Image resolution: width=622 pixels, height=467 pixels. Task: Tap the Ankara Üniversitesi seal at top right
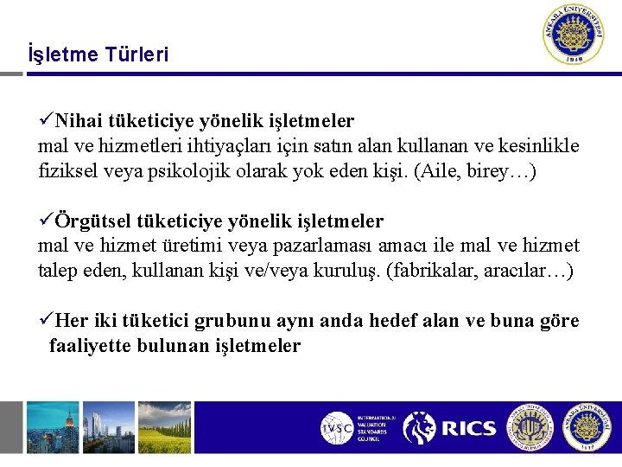tap(574, 35)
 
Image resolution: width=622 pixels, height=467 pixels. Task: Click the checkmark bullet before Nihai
tap(47, 122)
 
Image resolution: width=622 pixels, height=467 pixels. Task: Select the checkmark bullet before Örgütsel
tap(47, 223)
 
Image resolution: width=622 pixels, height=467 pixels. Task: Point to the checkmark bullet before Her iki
tap(47, 322)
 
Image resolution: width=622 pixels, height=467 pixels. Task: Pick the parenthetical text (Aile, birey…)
tap(476, 171)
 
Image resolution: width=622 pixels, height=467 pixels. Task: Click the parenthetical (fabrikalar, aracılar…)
tap(481, 271)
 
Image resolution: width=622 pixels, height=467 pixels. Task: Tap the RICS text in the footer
tap(469, 428)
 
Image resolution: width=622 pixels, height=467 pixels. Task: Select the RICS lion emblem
tap(421, 428)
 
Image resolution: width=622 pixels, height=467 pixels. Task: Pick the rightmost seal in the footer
tap(587, 427)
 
